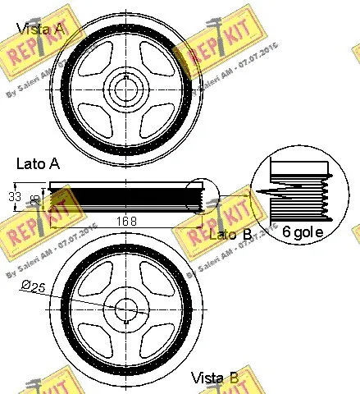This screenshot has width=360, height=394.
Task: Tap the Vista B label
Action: (x=215, y=378)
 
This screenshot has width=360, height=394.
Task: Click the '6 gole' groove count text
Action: (x=308, y=233)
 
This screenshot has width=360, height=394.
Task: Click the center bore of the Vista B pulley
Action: (x=126, y=310)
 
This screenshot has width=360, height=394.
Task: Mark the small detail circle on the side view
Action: (x=200, y=198)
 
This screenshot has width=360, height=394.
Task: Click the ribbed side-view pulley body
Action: (x=123, y=198)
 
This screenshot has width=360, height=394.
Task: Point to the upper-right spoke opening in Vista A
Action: (x=155, y=62)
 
